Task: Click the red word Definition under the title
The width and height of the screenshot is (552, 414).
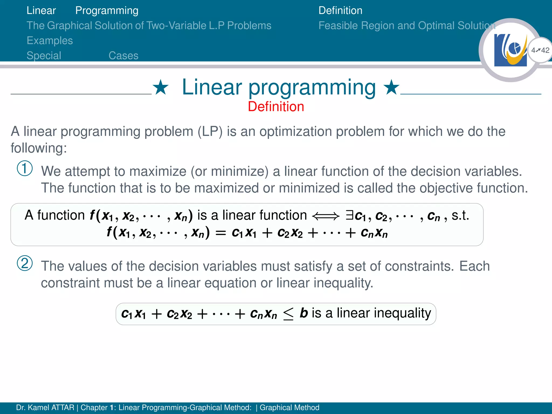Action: (276, 106)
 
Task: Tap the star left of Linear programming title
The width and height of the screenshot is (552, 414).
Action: (161, 87)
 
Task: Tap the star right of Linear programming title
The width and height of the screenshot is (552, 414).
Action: (391, 87)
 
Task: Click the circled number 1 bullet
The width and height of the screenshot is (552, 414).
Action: (25, 168)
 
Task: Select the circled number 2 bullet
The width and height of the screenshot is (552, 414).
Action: (25, 263)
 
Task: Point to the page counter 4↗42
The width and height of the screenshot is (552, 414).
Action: (540, 50)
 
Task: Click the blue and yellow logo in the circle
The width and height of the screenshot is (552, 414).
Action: (510, 50)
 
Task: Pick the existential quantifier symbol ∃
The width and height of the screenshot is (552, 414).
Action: (350, 215)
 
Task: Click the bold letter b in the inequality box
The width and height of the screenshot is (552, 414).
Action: (304, 313)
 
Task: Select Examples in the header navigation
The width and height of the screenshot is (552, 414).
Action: (50, 41)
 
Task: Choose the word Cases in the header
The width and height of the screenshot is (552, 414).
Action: (123, 56)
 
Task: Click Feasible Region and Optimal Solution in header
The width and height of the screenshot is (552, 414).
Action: (407, 26)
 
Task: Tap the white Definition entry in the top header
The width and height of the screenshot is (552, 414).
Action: (340, 11)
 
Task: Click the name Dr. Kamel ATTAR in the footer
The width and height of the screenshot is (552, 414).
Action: (45, 408)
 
